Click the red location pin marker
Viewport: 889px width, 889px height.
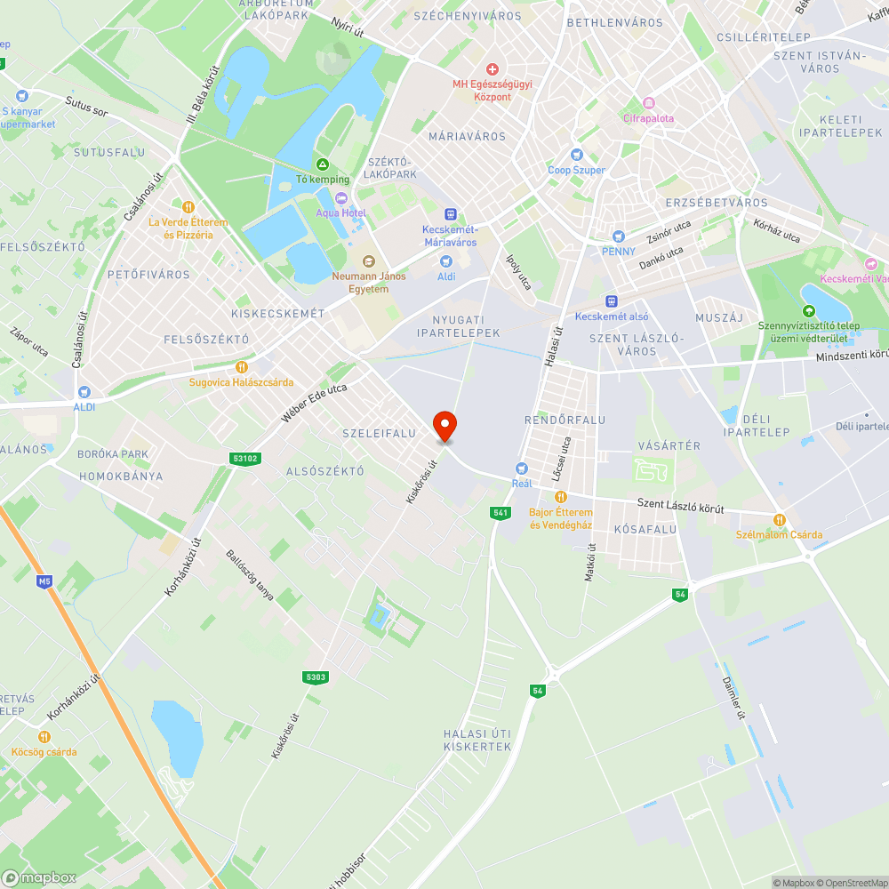click(x=444, y=426)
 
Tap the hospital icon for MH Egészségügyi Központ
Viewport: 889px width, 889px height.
click(x=492, y=68)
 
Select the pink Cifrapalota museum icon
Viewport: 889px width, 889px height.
click(x=649, y=103)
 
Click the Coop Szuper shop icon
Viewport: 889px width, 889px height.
click(x=576, y=155)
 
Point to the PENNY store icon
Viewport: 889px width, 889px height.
click(x=619, y=236)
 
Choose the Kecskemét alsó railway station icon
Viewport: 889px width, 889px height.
click(x=611, y=301)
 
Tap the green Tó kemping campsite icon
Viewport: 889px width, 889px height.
click(x=322, y=164)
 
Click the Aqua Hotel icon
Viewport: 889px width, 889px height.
click(x=328, y=197)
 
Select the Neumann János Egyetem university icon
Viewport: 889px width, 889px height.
click(x=367, y=260)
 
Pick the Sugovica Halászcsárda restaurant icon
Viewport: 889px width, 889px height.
click(x=241, y=367)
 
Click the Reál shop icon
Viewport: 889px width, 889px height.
click(x=522, y=469)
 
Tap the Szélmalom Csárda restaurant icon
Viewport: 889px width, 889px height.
click(x=779, y=519)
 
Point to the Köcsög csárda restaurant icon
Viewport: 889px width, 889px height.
click(x=44, y=736)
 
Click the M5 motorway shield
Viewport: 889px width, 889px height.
click(x=44, y=581)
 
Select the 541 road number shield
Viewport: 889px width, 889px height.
click(x=500, y=513)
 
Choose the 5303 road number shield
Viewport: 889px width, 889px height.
click(x=316, y=677)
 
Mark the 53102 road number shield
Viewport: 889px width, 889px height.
click(x=244, y=459)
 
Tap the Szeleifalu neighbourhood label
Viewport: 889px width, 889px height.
click(x=379, y=433)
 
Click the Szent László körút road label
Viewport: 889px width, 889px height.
click(x=681, y=506)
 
